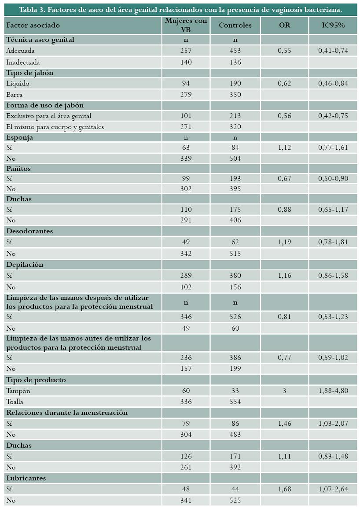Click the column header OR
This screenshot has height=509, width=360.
pos(284,25)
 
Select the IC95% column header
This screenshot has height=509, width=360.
pos(333,25)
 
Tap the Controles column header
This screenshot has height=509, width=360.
pos(235,25)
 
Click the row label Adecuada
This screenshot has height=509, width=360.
pos(20,51)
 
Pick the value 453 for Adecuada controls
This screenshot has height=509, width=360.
pos(235,51)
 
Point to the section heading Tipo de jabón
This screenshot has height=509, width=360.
pos(30,73)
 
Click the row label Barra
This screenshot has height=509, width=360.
pos(14,94)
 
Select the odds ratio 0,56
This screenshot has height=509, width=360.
pos(284,116)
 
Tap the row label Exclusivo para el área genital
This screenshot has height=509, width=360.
pos(48,116)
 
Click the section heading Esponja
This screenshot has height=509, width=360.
pos(19,137)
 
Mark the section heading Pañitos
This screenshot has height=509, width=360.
pos(18,169)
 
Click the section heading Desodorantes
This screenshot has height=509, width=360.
pos(29,231)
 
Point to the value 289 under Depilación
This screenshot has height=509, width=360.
pos(186,276)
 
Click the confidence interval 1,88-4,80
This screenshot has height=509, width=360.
pos(333,391)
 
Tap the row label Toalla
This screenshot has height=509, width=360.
pos(15,402)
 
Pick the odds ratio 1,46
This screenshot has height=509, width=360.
pos(284,423)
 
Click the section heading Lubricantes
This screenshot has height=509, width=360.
pos(26,478)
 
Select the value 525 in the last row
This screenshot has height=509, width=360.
pos(235,500)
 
